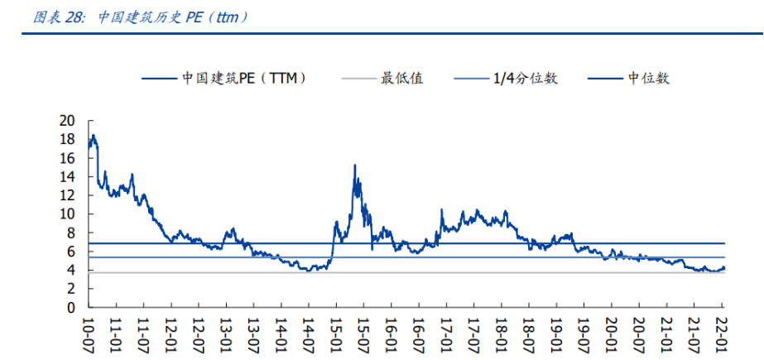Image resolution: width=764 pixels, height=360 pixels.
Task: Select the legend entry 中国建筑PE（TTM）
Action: coord(243,79)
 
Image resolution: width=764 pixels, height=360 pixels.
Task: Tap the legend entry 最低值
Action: coord(401,79)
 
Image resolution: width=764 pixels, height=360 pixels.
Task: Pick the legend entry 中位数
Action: coord(648,79)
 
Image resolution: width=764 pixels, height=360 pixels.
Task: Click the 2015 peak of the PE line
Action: coord(355,166)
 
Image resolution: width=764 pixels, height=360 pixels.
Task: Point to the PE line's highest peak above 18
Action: coord(94,135)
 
